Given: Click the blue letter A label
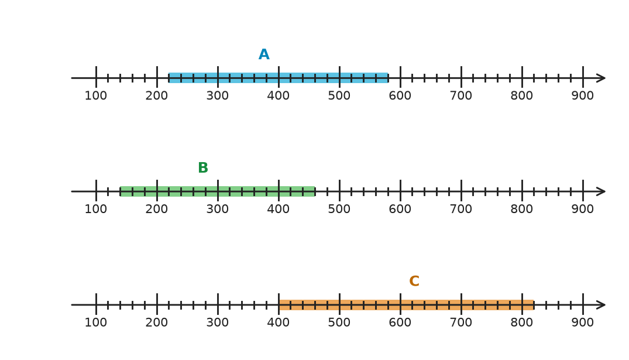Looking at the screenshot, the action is point(264,54).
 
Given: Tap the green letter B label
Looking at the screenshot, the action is point(203,168).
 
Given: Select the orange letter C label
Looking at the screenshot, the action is point(414,281).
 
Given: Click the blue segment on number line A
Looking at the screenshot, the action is point(279,78).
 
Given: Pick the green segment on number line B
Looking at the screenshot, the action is point(218,191).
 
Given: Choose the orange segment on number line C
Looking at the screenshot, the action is point(406,304).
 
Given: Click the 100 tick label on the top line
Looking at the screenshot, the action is point(96,96).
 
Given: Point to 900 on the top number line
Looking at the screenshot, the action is point(582,96).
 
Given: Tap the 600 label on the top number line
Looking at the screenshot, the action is point(400,96).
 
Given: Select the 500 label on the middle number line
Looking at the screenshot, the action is point(339,209).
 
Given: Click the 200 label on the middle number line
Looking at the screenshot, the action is point(157,209).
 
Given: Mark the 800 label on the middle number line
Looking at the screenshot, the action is point(522,209).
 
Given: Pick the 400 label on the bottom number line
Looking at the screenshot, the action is point(279,323).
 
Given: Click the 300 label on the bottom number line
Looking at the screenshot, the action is point(218,323).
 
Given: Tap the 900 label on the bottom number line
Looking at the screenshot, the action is point(582,323).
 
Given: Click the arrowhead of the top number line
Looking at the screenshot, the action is point(601,78).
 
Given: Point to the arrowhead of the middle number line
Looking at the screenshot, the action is point(601,191).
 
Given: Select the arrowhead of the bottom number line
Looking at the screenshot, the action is point(601,304).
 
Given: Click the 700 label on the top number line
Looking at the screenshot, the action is point(461,96).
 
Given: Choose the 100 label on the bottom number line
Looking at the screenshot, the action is point(96,323).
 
